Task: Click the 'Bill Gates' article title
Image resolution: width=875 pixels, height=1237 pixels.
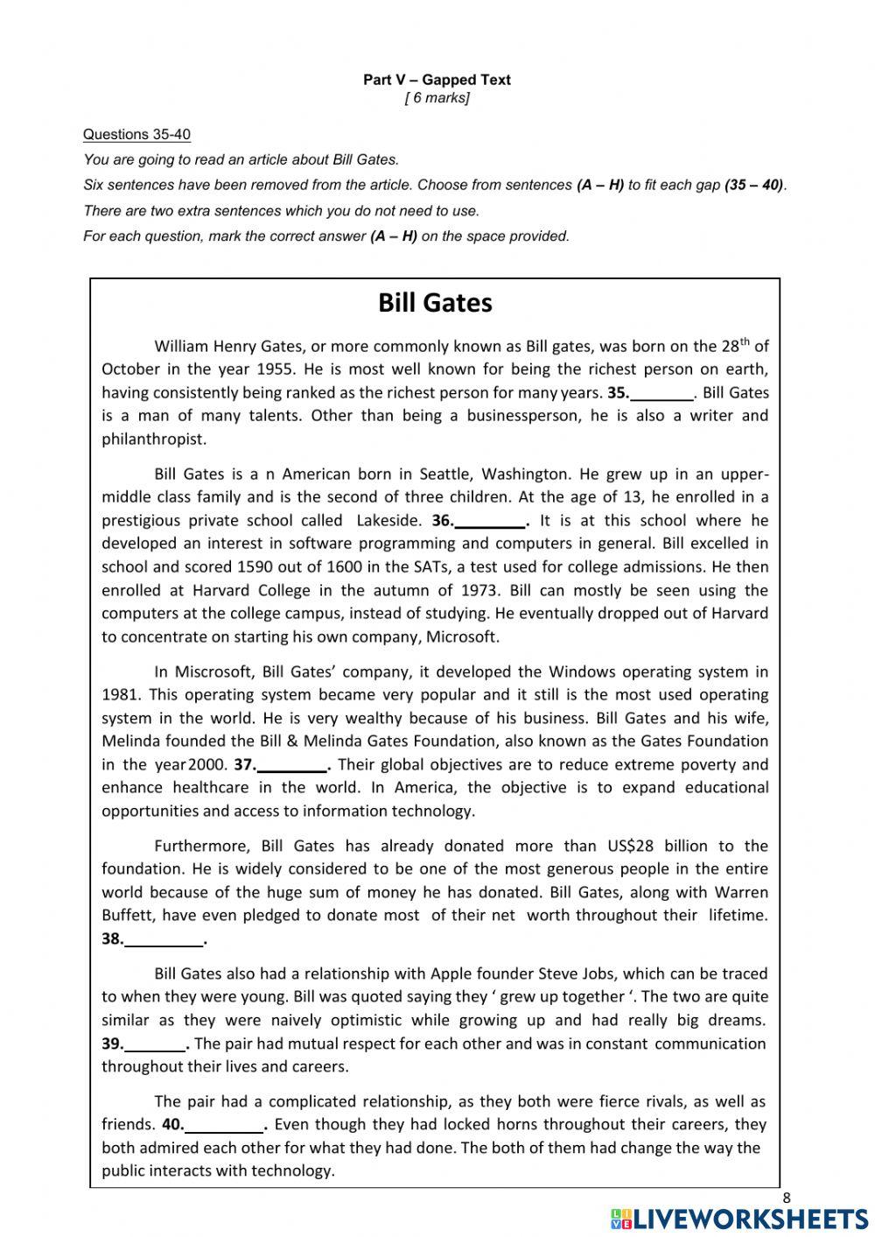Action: pos(435,303)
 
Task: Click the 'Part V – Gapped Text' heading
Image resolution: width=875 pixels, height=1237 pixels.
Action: pos(437,80)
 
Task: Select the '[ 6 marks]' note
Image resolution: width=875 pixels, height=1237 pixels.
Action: pos(437,98)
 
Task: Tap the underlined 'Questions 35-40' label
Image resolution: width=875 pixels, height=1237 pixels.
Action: pos(136,135)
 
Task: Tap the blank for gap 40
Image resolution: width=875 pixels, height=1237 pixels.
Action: pos(223,1126)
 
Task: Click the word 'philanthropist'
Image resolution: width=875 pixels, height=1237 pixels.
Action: pos(154,439)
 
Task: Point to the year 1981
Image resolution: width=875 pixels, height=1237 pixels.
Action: pos(120,695)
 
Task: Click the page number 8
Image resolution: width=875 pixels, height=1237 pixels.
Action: pos(786,1198)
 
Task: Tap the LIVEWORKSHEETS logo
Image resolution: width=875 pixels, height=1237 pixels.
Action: pos(739,1219)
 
